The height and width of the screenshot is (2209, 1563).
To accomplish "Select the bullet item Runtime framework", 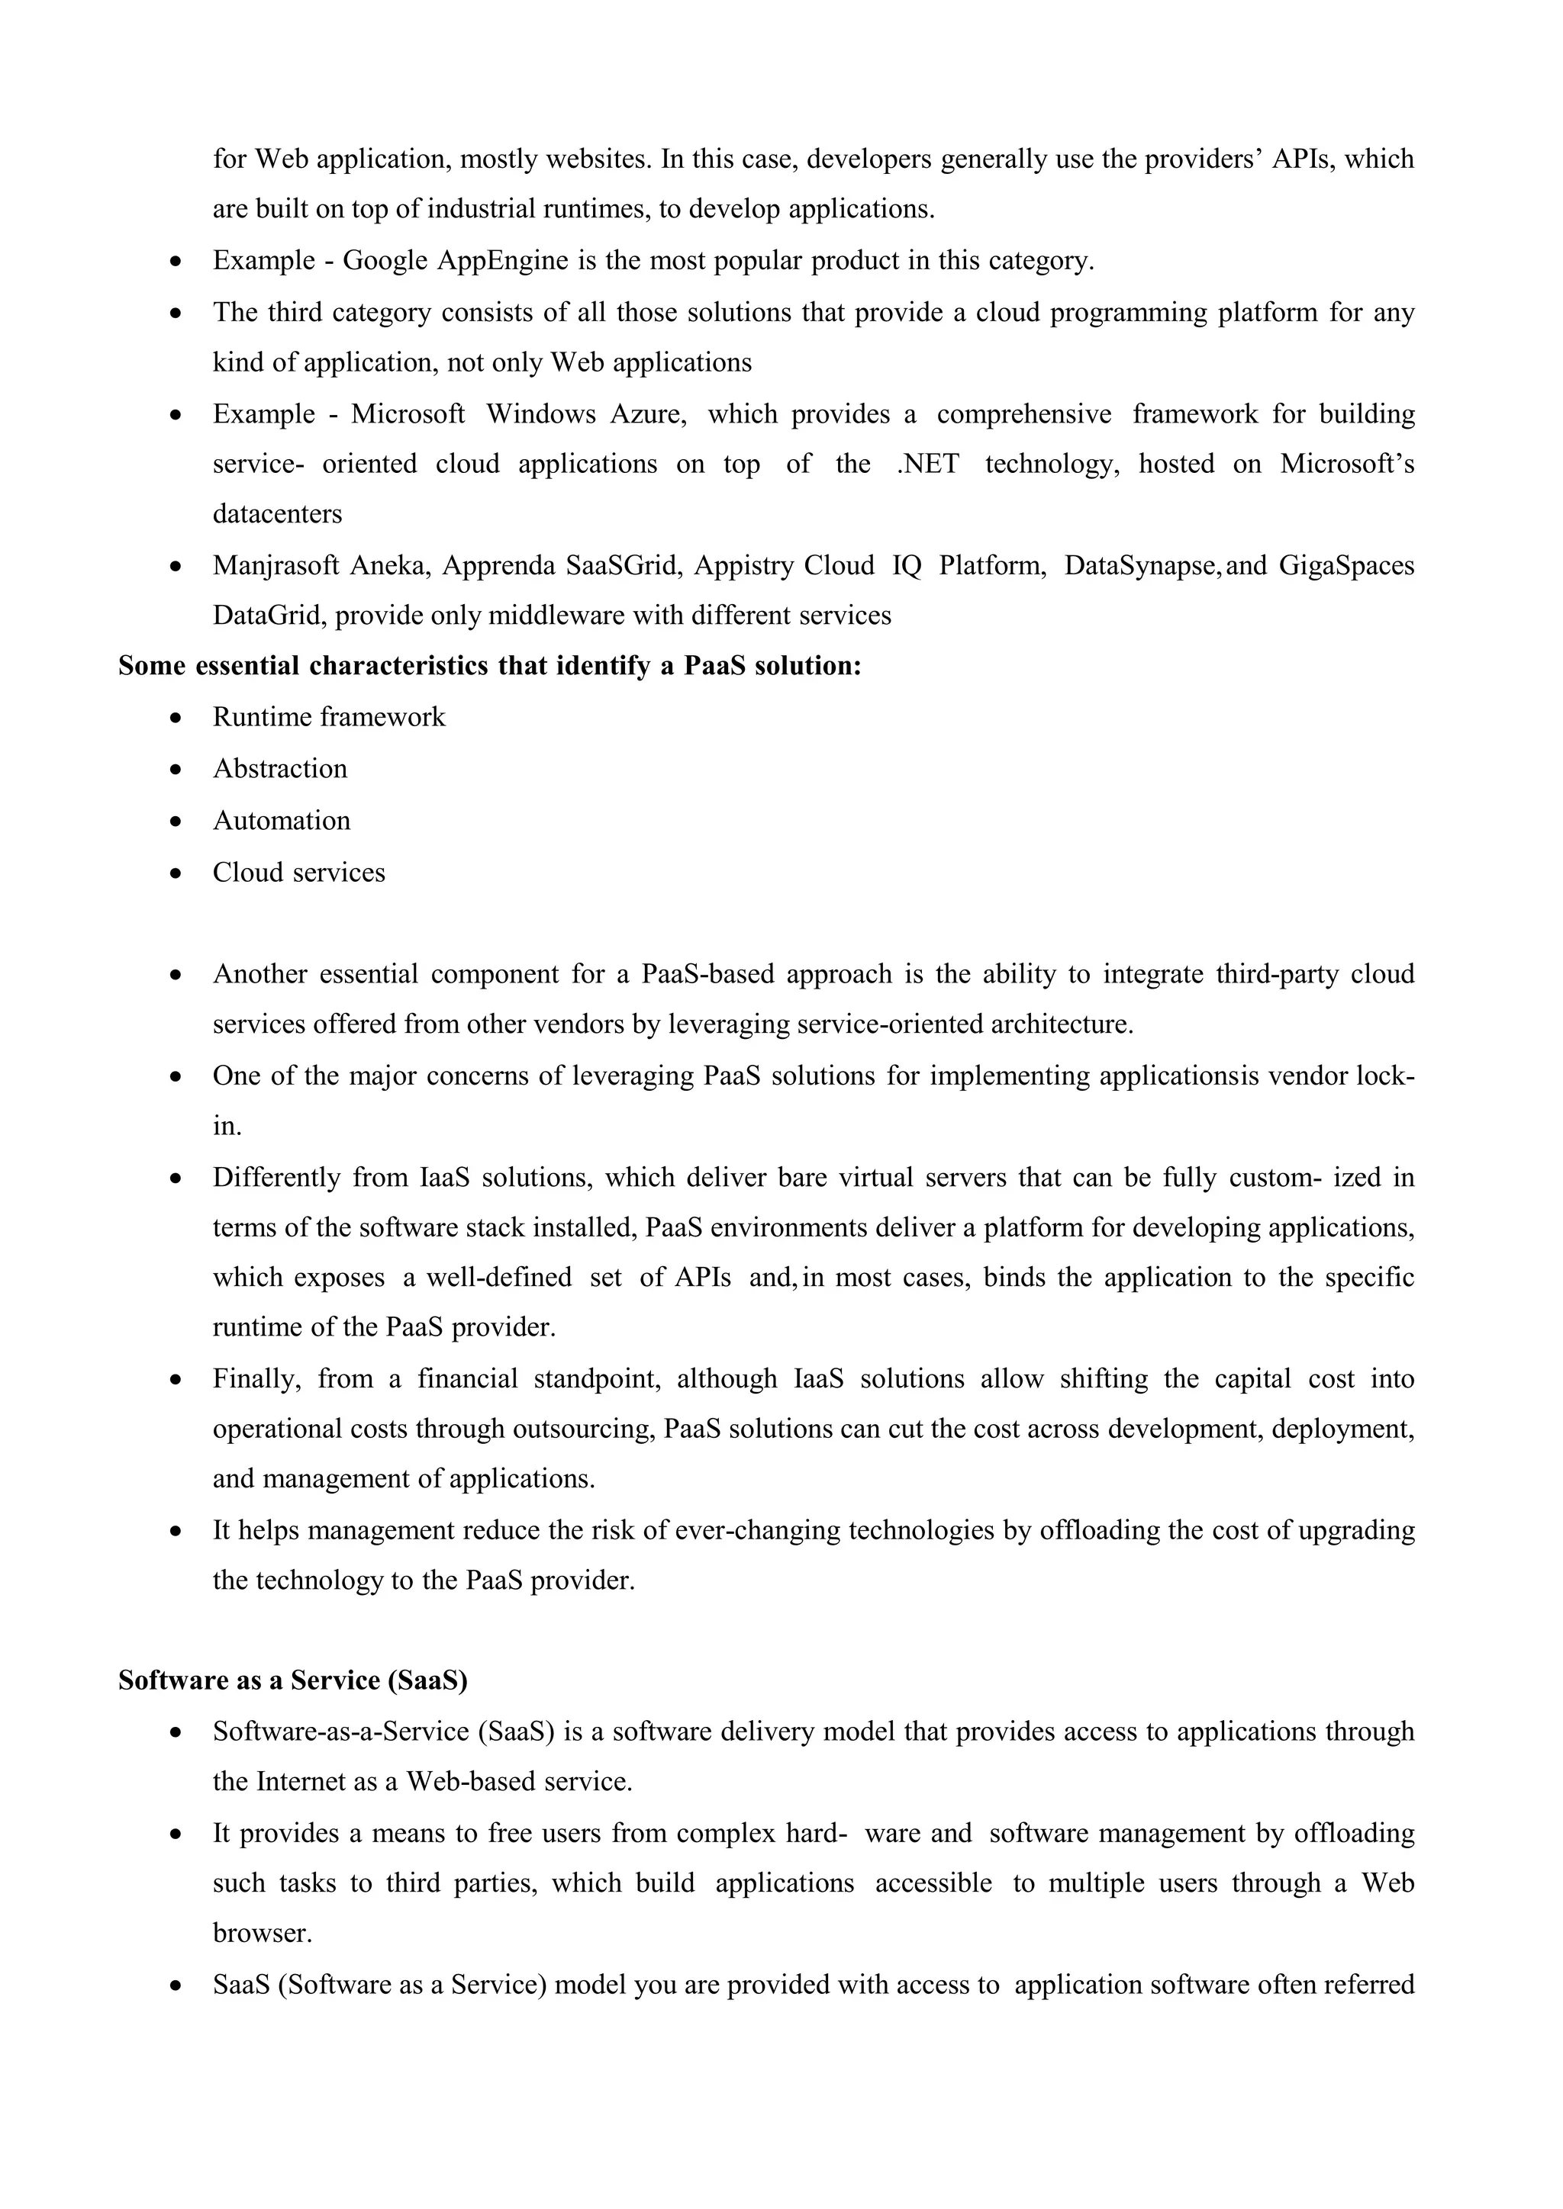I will [x=328, y=717].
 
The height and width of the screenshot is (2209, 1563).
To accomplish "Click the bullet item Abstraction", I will [x=279, y=769].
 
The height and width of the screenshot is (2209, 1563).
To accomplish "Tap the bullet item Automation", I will [x=281, y=821].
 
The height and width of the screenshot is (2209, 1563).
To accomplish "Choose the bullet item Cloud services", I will [x=298, y=873].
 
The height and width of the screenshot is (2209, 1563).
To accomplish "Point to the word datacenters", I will [x=277, y=514].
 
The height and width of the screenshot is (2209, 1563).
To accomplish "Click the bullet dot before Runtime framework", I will [x=176, y=718].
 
